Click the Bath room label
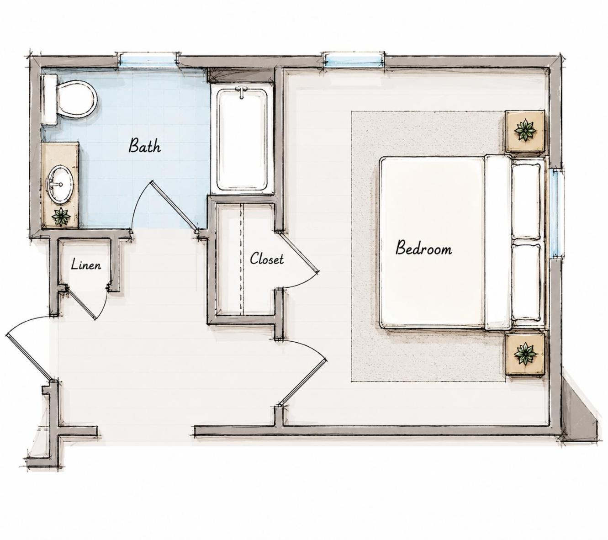pyautogui.click(x=145, y=146)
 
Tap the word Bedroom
pyautogui.click(x=423, y=248)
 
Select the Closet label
pyautogui.click(x=267, y=259)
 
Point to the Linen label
pyautogui.click(x=86, y=265)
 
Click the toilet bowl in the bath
pyautogui.click(x=77, y=99)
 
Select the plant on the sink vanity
pyautogui.click(x=61, y=217)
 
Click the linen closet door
pyautogui.click(x=80, y=303)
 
